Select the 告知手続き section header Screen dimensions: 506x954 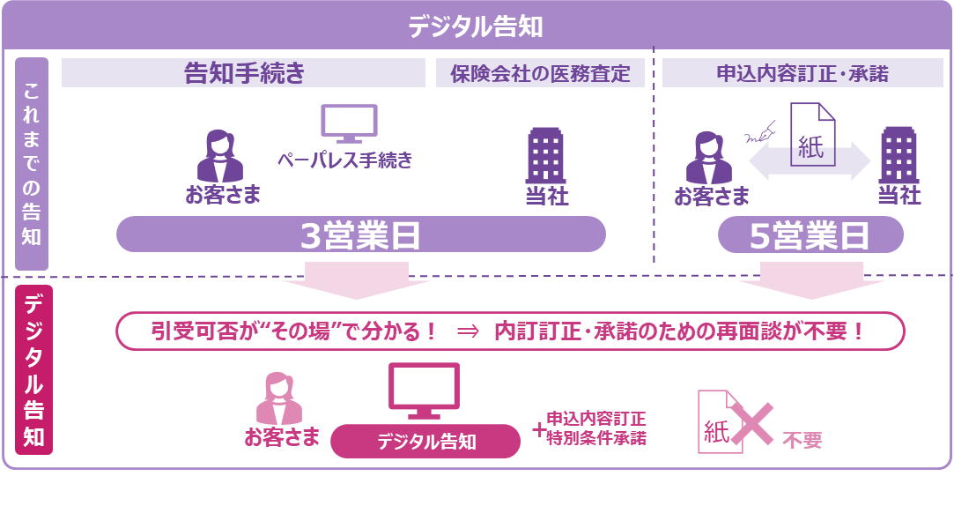coord(244,73)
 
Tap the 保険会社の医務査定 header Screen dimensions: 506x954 coord(540,74)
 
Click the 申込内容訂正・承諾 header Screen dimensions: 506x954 coord(802,74)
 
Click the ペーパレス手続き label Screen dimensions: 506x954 coord(344,160)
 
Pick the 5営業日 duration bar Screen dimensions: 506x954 coord(810,235)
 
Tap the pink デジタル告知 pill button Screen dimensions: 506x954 coord(425,442)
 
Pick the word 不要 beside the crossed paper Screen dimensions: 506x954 coord(802,440)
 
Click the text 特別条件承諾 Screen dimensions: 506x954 coord(596,437)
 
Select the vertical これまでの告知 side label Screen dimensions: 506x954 coord(32,164)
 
